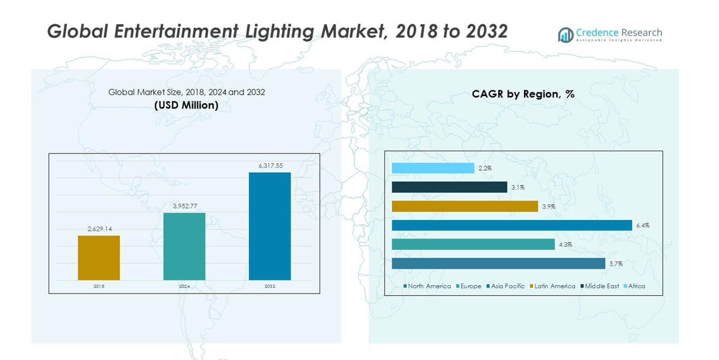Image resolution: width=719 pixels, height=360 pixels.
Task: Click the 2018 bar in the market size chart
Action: click(x=99, y=258)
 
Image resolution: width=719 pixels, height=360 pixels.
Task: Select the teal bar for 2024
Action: click(x=184, y=246)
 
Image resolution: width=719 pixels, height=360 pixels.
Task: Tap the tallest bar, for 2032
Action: click(x=270, y=226)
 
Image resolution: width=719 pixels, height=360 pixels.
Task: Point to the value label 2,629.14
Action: click(x=100, y=229)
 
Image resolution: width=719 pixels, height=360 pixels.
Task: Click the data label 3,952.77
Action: click(x=184, y=206)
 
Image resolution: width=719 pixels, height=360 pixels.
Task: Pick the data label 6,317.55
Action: click(x=270, y=165)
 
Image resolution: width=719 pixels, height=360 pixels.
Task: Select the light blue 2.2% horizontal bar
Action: click(x=433, y=168)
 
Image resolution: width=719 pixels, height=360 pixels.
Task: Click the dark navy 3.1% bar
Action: click(x=449, y=187)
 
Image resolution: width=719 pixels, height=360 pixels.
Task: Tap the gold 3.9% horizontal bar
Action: click(x=465, y=206)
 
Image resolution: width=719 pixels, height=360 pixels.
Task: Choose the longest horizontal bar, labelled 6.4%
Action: click(x=512, y=225)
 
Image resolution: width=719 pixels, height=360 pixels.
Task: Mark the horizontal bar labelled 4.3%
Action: click(x=473, y=244)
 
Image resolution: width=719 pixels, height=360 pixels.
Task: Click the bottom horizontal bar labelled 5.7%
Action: click(x=498, y=263)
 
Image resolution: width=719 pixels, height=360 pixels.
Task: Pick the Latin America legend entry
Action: click(x=552, y=286)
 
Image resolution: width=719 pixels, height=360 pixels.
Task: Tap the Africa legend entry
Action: click(x=634, y=286)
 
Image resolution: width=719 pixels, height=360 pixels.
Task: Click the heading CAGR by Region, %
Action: click(x=523, y=94)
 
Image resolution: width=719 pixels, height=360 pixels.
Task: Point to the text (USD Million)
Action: click(x=186, y=105)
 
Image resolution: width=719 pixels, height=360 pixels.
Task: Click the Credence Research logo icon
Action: click(x=565, y=34)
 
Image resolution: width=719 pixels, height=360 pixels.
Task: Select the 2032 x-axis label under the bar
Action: click(x=270, y=286)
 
